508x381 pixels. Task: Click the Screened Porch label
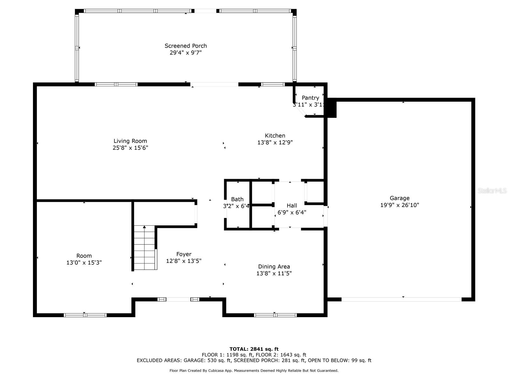point(186,46)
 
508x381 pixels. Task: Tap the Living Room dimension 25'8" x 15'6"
point(130,148)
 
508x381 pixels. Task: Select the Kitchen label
point(275,136)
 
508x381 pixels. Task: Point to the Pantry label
point(310,98)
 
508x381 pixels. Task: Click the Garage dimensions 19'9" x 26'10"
point(399,205)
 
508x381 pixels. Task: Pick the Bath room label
point(237,199)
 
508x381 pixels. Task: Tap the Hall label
point(292,205)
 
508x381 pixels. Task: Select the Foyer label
point(184,254)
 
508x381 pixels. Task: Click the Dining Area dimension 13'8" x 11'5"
point(274,273)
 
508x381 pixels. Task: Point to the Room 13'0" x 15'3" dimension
point(84,263)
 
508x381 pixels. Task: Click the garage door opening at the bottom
point(401,299)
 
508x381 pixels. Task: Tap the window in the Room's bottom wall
point(85,315)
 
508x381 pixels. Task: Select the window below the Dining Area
point(275,315)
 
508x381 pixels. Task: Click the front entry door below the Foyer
point(178,299)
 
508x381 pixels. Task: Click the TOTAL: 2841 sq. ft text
point(254,349)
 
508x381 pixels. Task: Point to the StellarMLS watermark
point(492,190)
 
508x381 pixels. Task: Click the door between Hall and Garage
point(325,216)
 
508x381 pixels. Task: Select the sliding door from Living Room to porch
point(214,84)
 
